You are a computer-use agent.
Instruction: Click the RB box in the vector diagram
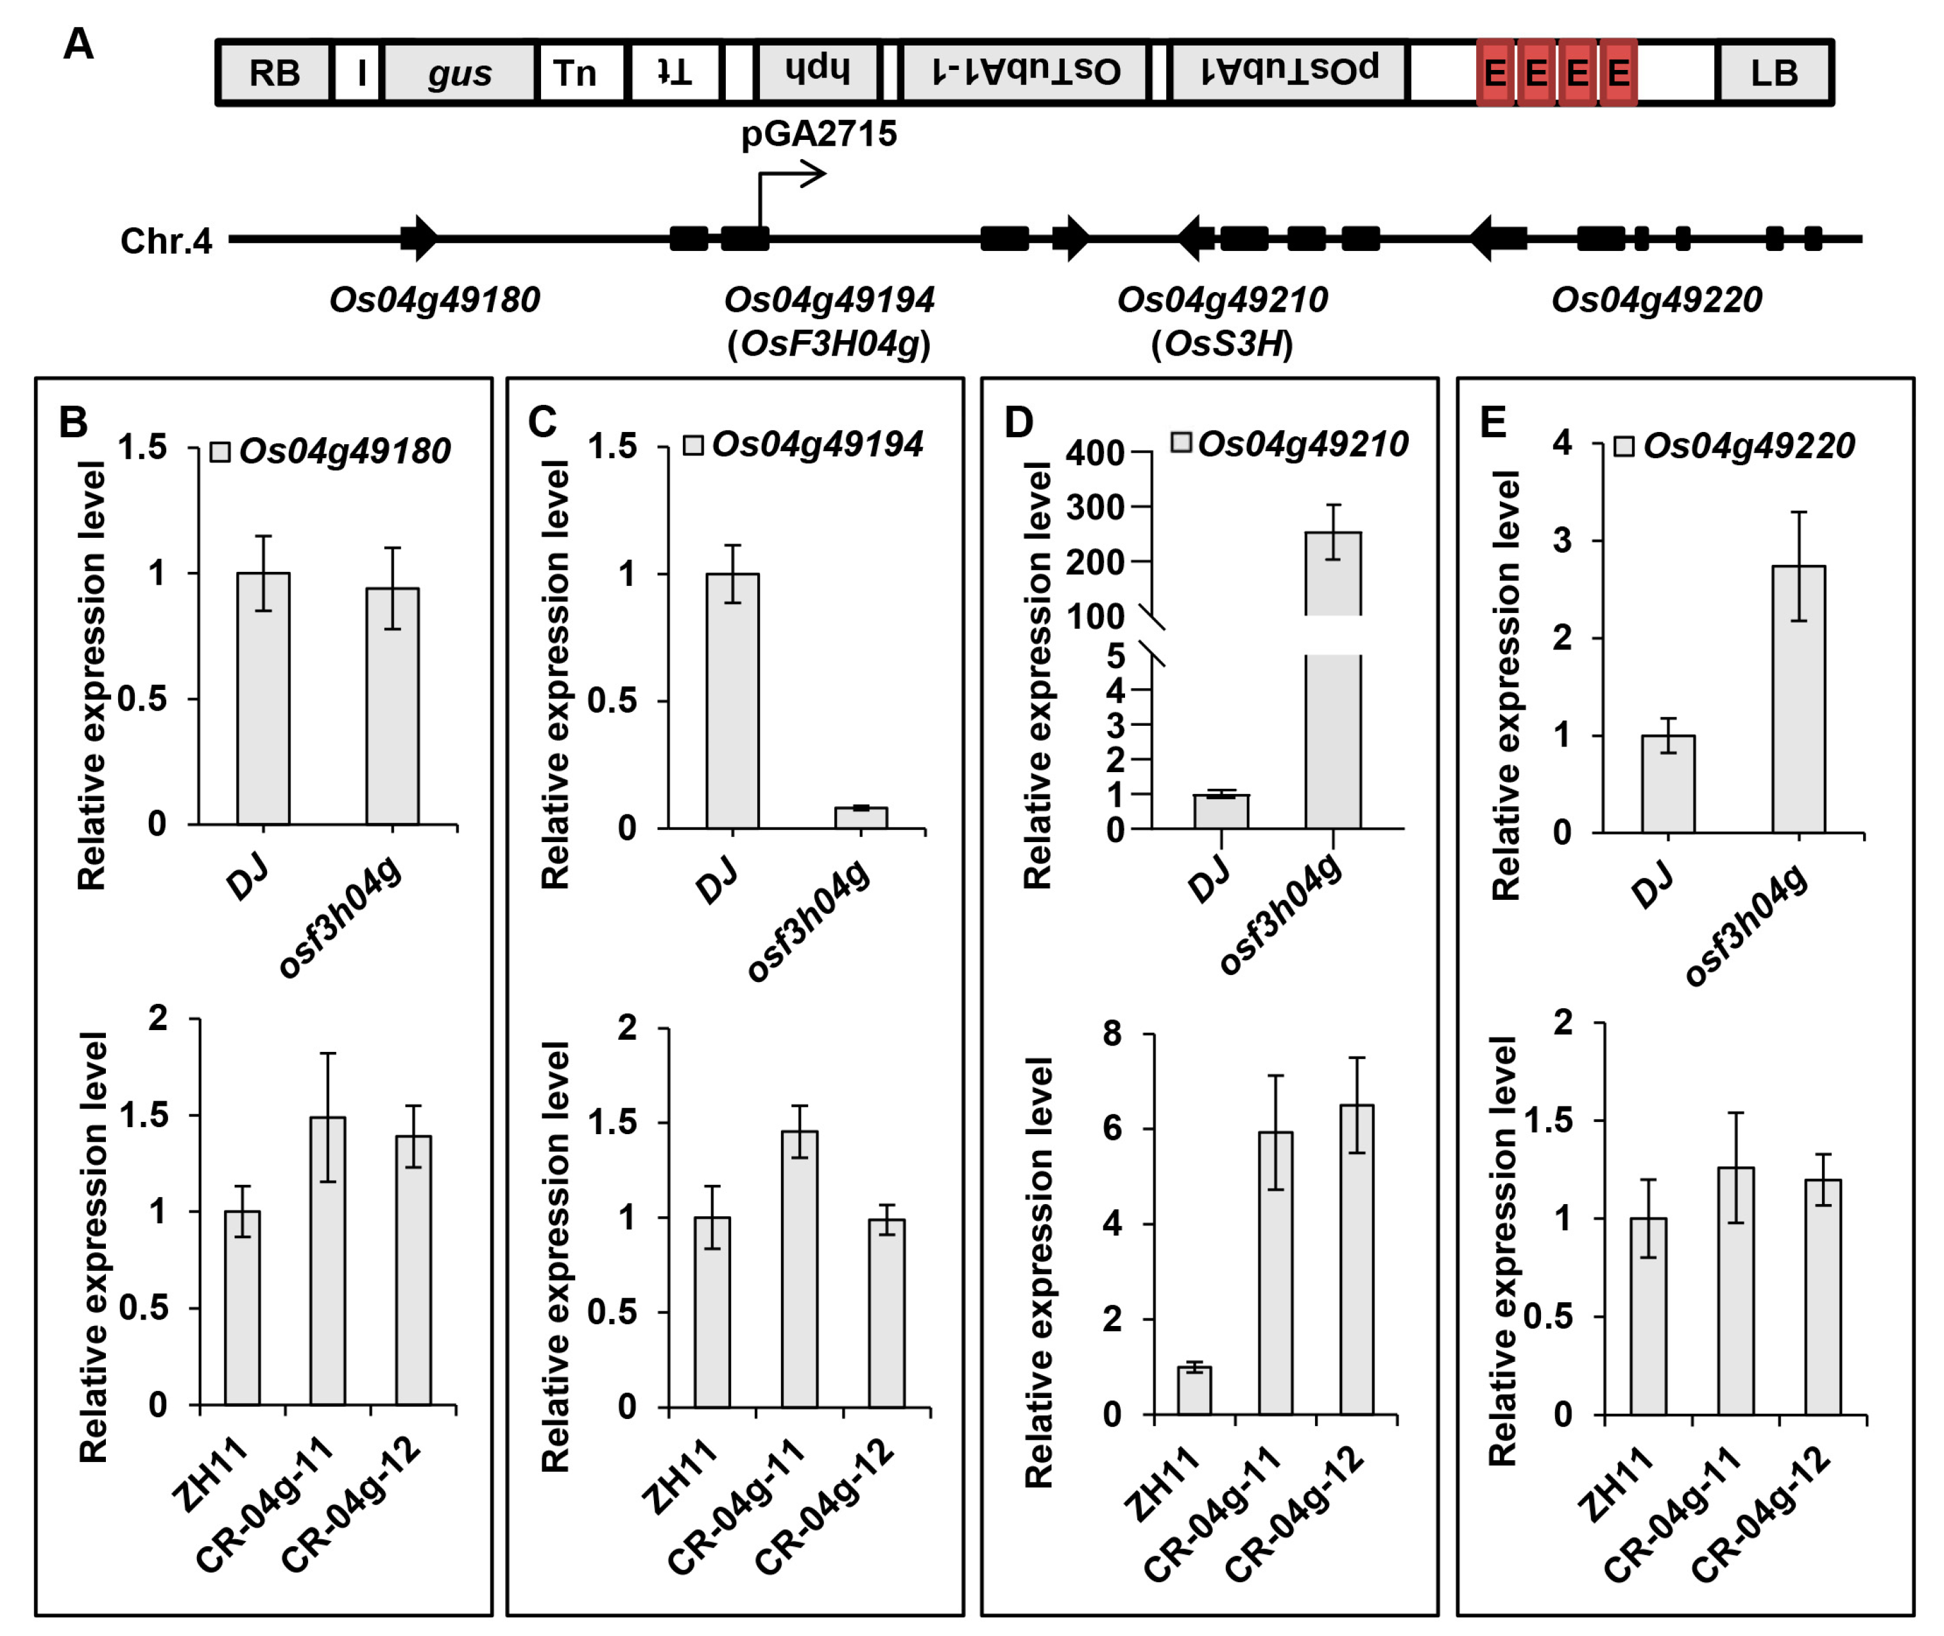(275, 73)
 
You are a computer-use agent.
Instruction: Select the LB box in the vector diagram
(1773, 73)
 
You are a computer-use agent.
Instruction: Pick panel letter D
(1019, 423)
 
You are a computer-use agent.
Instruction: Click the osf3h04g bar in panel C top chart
(861, 817)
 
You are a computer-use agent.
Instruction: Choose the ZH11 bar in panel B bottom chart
(242, 1307)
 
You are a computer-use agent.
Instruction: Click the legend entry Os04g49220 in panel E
(1748, 447)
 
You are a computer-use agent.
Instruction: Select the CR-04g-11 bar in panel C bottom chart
(800, 1268)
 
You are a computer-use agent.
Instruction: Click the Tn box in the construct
(575, 73)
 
